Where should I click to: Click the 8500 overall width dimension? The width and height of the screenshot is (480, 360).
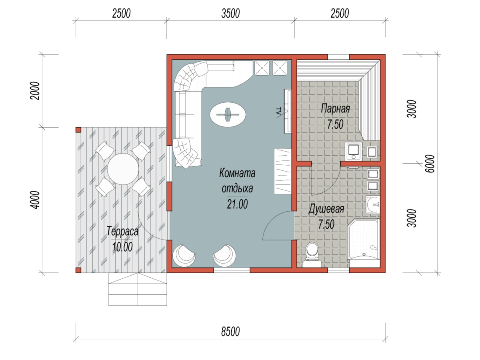(230, 331)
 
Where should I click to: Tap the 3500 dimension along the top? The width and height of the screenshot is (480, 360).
(230, 14)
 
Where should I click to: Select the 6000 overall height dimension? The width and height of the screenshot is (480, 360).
(430, 164)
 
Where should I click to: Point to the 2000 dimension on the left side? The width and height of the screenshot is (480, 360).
(35, 91)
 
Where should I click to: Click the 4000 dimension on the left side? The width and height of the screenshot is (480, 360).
(35, 200)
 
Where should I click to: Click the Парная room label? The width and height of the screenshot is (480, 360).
(335, 109)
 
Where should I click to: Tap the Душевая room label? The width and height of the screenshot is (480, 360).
(326, 209)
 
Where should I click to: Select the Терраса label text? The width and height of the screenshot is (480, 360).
(122, 231)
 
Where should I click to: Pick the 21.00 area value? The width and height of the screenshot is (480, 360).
(237, 204)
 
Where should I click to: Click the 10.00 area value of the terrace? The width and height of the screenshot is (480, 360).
(122, 247)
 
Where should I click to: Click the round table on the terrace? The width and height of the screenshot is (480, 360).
(123, 169)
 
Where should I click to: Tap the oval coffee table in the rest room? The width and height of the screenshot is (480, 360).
(228, 114)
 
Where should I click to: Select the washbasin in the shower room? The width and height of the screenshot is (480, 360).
(373, 205)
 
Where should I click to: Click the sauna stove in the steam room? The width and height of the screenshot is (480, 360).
(353, 151)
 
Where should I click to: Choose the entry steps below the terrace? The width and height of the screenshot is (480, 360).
(138, 289)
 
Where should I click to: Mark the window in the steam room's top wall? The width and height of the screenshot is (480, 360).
(338, 57)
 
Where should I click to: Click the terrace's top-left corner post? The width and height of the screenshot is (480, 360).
(78, 130)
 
